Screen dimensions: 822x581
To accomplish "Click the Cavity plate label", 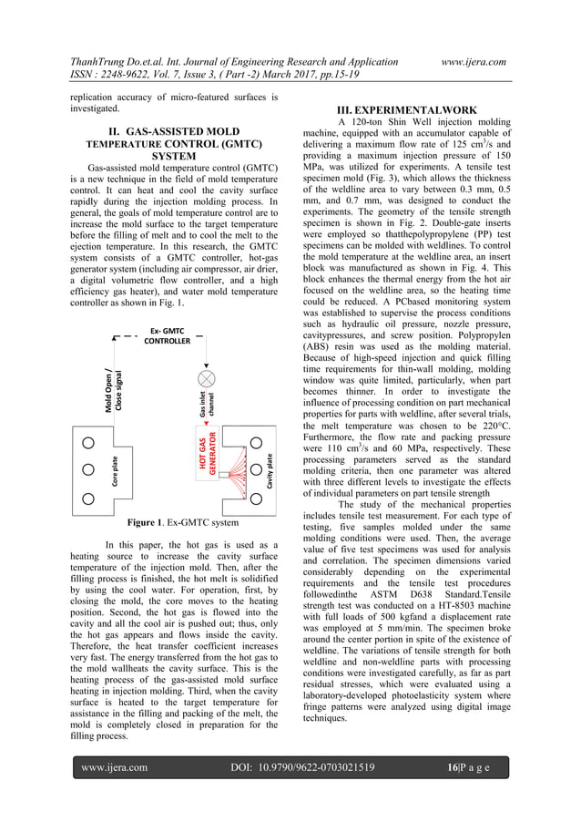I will pos(270,470).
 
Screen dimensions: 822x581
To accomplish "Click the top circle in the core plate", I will pos(89,443).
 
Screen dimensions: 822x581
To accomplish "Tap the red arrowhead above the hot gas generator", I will pos(207,424).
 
